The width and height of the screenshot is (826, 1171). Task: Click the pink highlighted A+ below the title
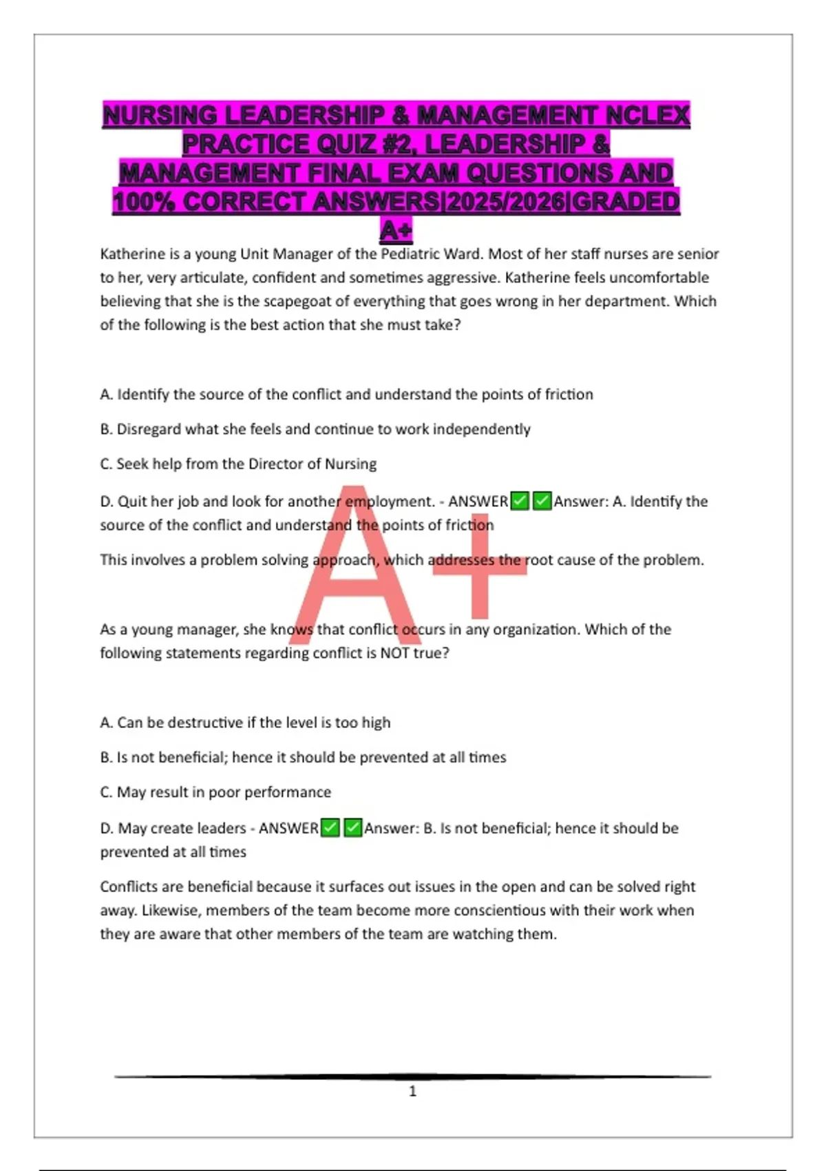[x=396, y=230]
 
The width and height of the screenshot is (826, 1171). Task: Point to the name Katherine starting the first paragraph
[x=133, y=254]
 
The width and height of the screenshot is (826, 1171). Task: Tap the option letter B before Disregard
[x=105, y=429]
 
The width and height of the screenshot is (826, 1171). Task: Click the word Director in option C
[x=275, y=464]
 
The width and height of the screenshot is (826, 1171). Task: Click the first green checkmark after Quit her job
[x=520, y=501]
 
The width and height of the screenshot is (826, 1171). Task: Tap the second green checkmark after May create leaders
[x=353, y=828]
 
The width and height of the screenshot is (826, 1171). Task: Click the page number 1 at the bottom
[x=412, y=1091]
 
